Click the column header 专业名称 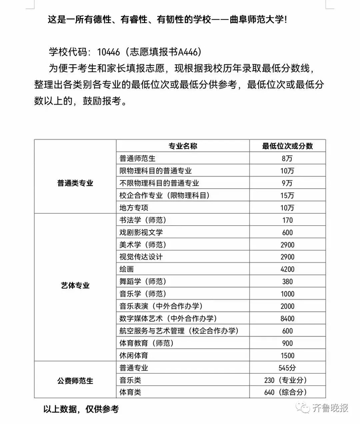tap(183, 146)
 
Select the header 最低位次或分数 tap(287, 146)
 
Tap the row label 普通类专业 tap(75, 183)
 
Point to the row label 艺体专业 tap(75, 285)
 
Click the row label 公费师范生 tap(75, 381)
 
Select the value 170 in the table tap(287, 220)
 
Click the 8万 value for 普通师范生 tap(287, 158)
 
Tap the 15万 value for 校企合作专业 tap(287, 196)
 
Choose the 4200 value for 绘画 tap(287, 269)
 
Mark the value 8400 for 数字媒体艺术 tap(287, 319)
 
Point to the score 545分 tap(287, 368)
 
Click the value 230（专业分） tap(287, 380)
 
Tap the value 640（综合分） tap(287, 393)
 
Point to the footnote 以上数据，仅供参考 tap(81, 410)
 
